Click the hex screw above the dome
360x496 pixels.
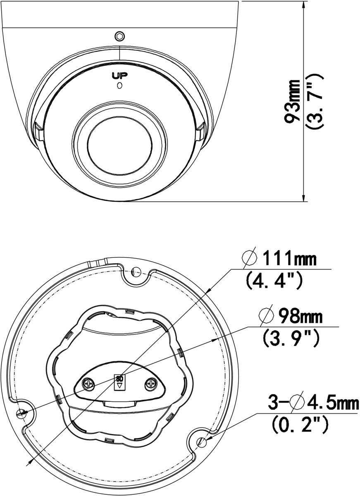[120, 36]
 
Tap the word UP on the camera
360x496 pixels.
[119, 76]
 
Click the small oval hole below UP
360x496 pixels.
[119, 86]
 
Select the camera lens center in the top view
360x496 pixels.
[119, 145]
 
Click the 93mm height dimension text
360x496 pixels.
[292, 101]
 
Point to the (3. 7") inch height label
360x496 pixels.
[315, 101]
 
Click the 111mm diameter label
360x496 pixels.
[289, 258]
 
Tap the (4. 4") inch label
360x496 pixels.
[274, 280]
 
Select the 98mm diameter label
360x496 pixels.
[300, 317]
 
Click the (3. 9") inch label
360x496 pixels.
[291, 339]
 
